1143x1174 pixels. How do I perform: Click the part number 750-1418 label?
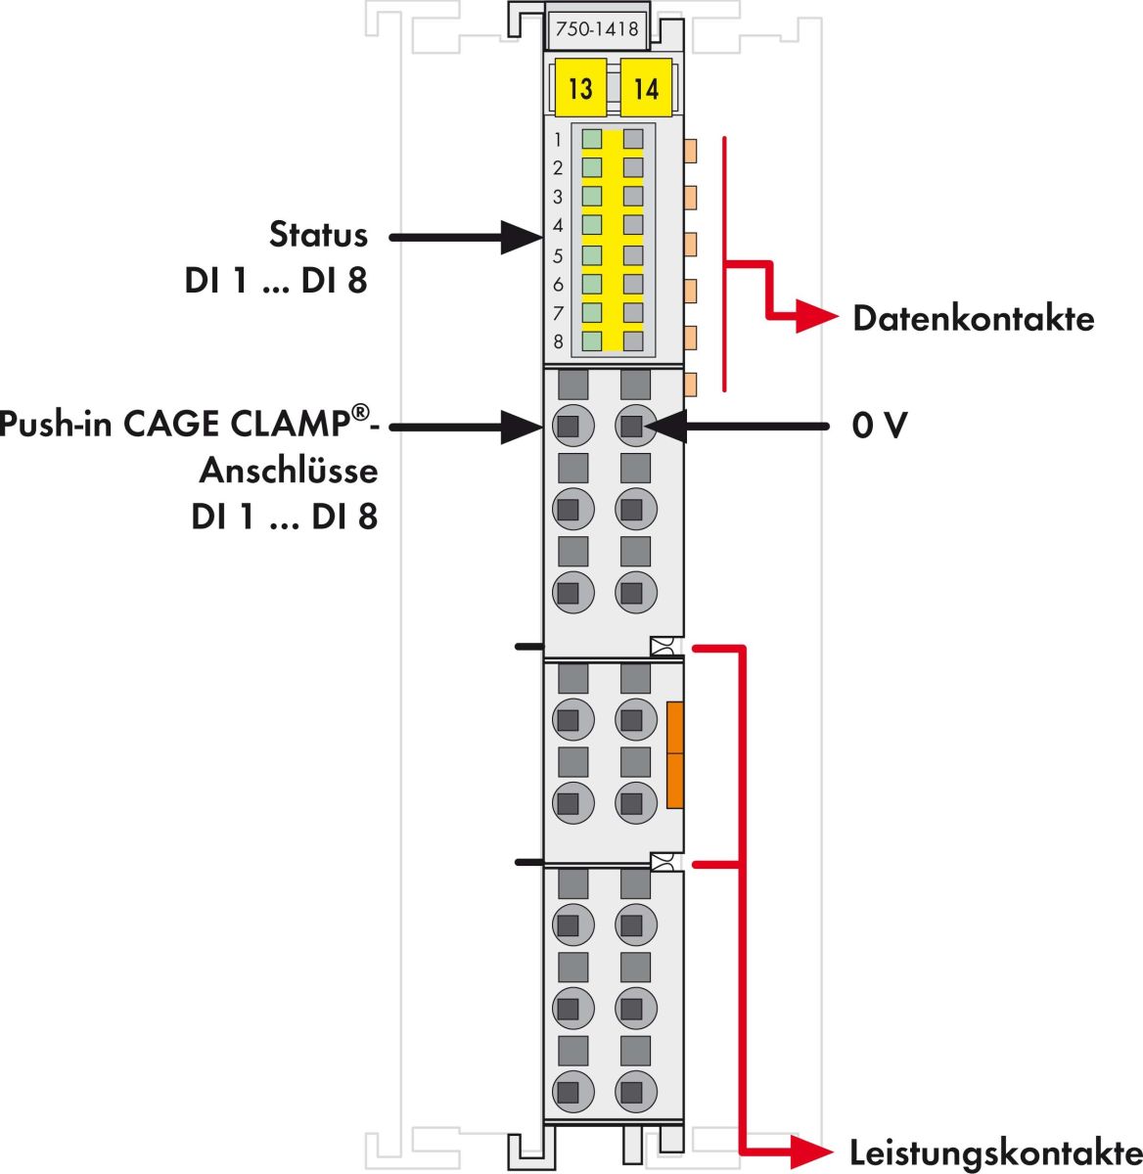point(596,29)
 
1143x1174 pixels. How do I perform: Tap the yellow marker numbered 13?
point(580,88)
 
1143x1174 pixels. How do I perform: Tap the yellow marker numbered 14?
point(646,88)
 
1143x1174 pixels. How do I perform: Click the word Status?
point(318,235)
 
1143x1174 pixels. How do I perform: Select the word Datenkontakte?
point(973,319)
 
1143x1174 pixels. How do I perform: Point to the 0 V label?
point(880,426)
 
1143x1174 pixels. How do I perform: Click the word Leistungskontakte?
point(994,1151)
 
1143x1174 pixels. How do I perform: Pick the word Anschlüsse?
point(289,471)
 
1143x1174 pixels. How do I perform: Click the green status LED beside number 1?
point(592,139)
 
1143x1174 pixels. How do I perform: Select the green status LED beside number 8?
point(592,341)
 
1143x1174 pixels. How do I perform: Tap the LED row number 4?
point(559,226)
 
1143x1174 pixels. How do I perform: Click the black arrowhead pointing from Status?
point(522,237)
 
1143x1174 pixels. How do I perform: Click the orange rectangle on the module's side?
point(674,754)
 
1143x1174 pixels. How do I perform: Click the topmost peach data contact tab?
point(691,151)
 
